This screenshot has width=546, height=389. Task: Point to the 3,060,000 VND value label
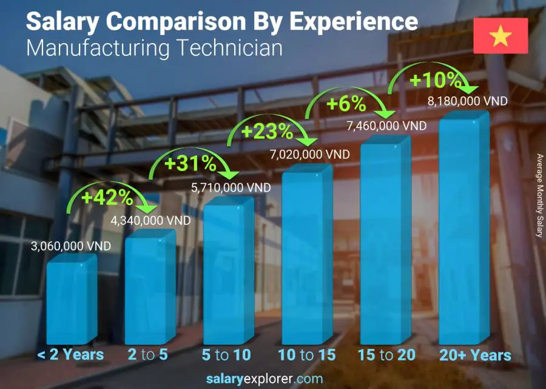pos(71,246)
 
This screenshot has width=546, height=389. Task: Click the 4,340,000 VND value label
pos(150,220)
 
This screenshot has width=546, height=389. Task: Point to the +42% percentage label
pos(107,197)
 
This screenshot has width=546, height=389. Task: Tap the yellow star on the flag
pos(500,36)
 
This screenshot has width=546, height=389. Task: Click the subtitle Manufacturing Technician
pos(155,47)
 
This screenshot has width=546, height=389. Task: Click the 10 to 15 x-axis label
pos(306,355)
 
